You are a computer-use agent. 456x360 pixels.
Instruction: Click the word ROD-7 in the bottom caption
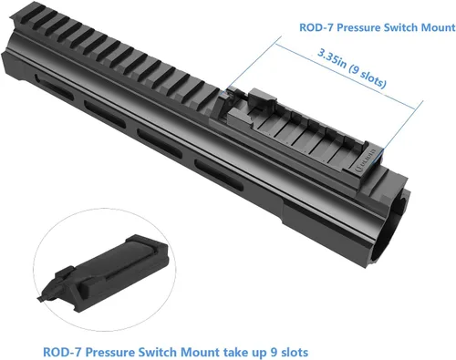(x=65, y=349)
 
